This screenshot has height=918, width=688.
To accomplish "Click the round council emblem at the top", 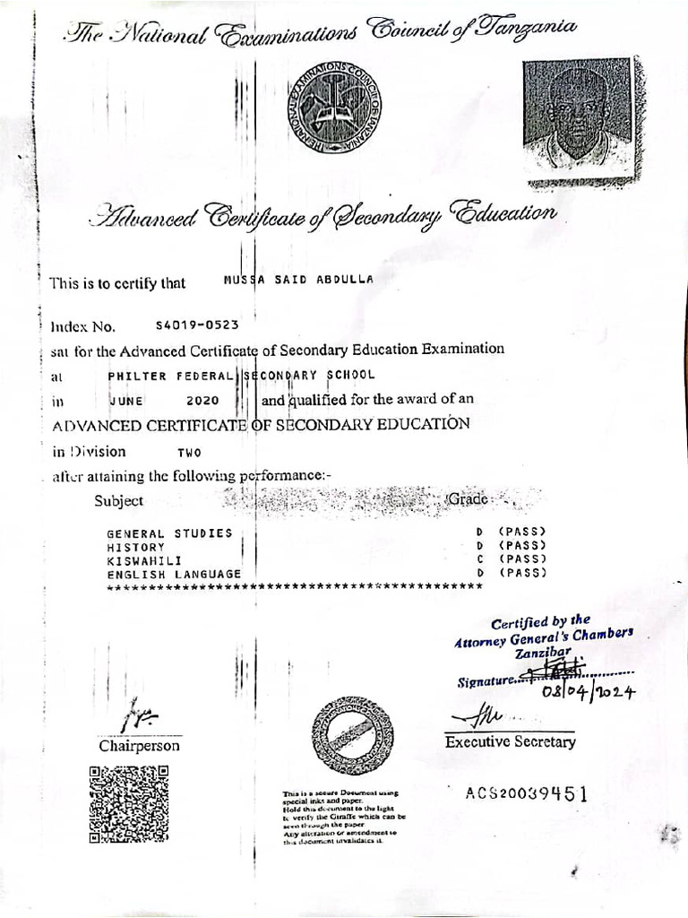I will coord(333,113).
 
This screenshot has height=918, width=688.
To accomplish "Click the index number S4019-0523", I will coord(196,325).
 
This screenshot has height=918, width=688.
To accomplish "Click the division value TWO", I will coord(190,453).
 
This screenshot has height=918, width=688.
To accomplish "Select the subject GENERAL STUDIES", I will coord(169,533).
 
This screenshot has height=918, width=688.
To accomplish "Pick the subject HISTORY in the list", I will coord(136,546).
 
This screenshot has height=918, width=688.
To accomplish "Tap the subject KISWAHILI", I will coord(144,559).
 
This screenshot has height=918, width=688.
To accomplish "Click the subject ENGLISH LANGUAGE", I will coord(174,573).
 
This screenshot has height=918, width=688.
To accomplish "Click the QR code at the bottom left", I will coord(129,802).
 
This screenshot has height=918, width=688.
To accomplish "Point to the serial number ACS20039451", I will coord(527,792).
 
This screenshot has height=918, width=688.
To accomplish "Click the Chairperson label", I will coord(139,746).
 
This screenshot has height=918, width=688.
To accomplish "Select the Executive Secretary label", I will coord(511,741).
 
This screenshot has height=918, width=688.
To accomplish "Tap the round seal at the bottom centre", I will coord(352,735).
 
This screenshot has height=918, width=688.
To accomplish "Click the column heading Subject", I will coord(118,501).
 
